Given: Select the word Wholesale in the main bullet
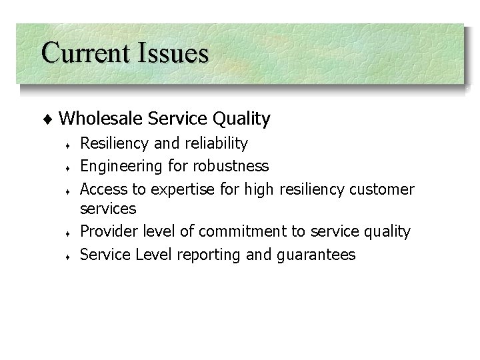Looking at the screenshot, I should tap(102, 119).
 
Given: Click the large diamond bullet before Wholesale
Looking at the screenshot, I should tap(52, 120).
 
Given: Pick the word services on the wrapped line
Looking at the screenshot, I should tap(108, 209).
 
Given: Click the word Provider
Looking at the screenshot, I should tap(107, 231).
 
